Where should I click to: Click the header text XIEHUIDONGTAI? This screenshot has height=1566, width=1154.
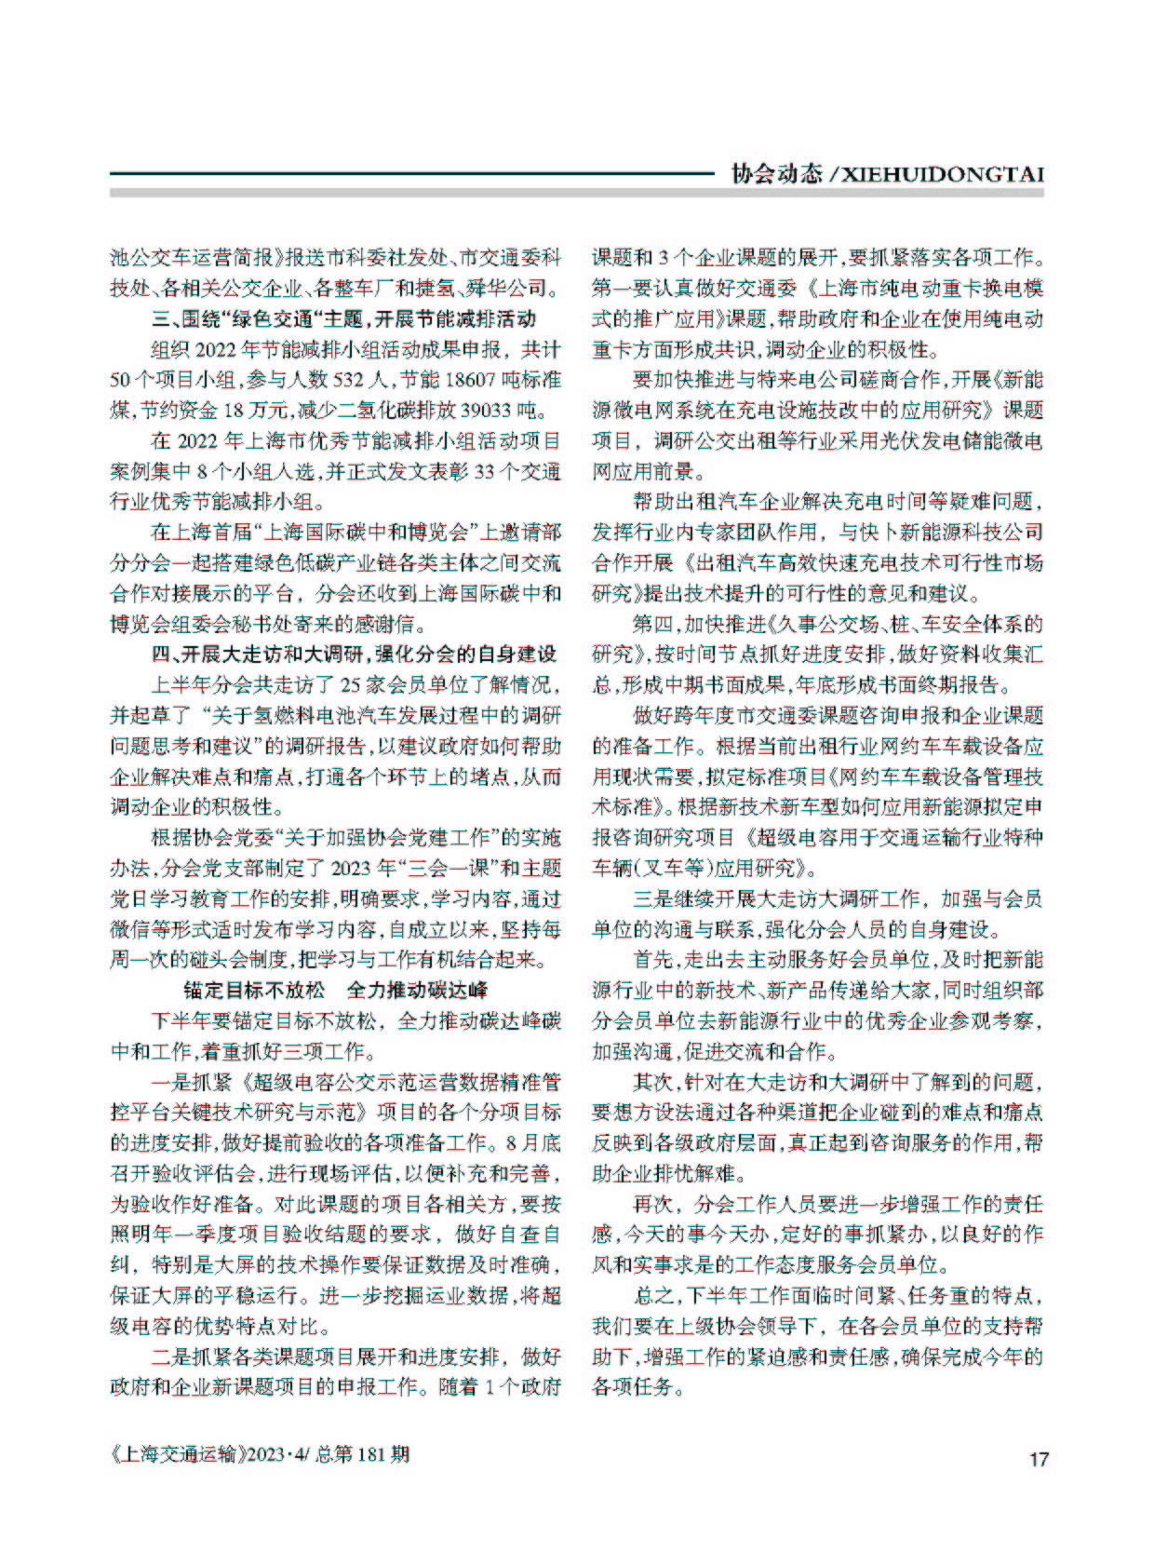click(943, 174)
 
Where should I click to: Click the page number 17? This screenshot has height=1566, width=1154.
click(1038, 1459)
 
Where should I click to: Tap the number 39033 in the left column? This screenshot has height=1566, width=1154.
click(490, 410)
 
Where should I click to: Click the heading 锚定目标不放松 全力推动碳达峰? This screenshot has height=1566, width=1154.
click(335, 990)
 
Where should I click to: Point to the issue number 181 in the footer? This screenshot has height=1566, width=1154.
click(370, 1454)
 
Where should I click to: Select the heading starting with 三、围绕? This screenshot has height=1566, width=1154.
click(344, 319)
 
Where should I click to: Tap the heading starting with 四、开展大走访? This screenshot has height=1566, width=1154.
click(355, 655)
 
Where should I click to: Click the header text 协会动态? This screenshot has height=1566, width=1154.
click(776, 174)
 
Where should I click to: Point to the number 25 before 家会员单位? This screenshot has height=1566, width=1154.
click(350, 685)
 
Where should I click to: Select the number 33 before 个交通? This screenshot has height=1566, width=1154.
click(485, 471)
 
